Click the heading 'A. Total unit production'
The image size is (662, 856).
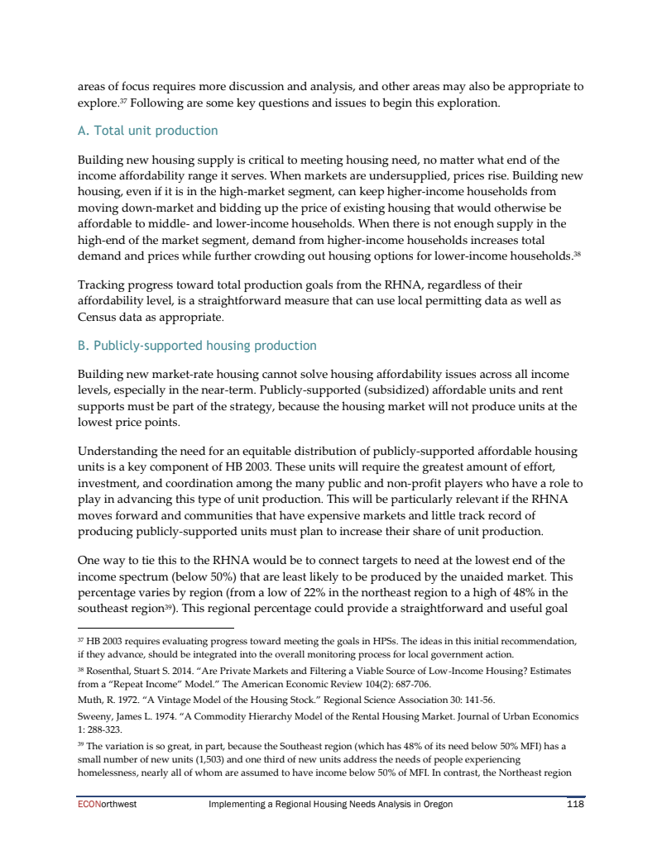click(x=147, y=131)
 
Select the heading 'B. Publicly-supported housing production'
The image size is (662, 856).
click(x=197, y=345)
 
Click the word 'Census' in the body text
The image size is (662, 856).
click(x=98, y=317)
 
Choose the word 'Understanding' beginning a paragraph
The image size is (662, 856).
click(x=118, y=452)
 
